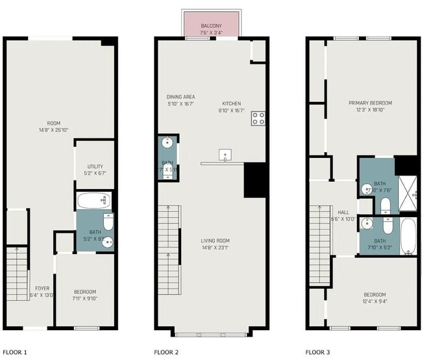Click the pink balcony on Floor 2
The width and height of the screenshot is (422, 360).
(x=212, y=25)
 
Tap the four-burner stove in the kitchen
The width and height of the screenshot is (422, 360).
(x=258, y=118)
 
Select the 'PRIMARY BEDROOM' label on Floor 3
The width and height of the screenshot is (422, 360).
(x=370, y=103)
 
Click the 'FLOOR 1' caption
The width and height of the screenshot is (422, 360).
(x=16, y=352)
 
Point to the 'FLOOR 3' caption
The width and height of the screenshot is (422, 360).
(x=318, y=352)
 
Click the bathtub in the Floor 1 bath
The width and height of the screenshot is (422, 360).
(x=95, y=200)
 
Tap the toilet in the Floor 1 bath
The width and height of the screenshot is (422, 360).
(x=108, y=222)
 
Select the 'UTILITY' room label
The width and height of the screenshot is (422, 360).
(x=95, y=167)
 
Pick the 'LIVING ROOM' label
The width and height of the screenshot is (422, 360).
(x=215, y=241)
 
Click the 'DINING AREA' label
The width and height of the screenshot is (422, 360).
(x=180, y=97)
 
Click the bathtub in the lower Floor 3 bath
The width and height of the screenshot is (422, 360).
(x=408, y=237)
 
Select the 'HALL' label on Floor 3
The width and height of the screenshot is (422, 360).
(x=343, y=212)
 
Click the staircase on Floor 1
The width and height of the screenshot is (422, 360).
(x=18, y=273)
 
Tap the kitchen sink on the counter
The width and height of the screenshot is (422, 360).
(x=225, y=155)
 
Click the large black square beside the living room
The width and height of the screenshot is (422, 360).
(x=256, y=180)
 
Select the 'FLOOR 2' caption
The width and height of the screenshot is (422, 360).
(x=166, y=352)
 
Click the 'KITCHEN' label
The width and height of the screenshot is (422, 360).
(x=231, y=103)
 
